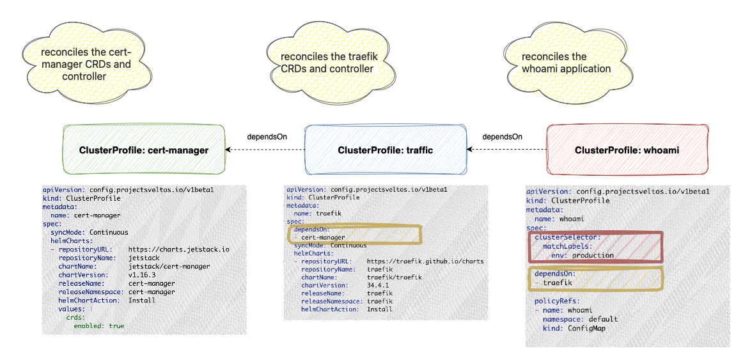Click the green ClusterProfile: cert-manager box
(144, 150)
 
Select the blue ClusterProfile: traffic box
(385, 150)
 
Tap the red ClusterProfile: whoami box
(627, 150)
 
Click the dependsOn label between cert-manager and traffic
(267, 136)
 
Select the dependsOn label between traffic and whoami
(502, 136)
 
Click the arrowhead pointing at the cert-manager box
(228, 150)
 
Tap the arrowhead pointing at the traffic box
(469, 150)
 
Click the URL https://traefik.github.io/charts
(425, 261)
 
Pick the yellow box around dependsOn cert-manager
(356, 234)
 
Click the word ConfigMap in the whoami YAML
(586, 328)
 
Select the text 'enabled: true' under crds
(99, 325)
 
